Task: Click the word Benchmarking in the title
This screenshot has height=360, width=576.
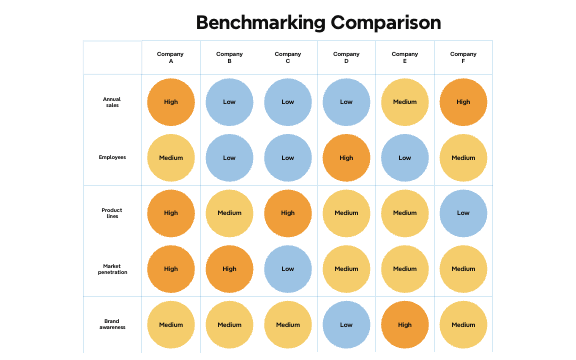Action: pyautogui.click(x=253, y=22)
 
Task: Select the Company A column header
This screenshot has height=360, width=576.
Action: pyautogui.click(x=171, y=57)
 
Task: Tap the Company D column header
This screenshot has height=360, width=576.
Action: pyautogui.click(x=346, y=57)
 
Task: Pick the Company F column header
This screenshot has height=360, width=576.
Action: pyautogui.click(x=463, y=57)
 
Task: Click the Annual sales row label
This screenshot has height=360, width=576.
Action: pyautogui.click(x=112, y=102)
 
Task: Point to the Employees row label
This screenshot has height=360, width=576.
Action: pyautogui.click(x=112, y=157)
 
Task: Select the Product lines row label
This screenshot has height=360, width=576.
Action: pyautogui.click(x=112, y=213)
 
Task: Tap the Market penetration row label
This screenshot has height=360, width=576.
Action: pyautogui.click(x=112, y=269)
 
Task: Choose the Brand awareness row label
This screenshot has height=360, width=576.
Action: pyautogui.click(x=112, y=324)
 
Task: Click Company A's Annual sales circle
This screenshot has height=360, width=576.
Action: pyautogui.click(x=171, y=102)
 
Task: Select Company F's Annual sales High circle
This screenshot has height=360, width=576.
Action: pyautogui.click(x=463, y=102)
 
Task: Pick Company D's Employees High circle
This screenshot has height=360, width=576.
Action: pyautogui.click(x=346, y=157)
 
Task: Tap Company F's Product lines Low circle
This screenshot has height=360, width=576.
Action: pyautogui.click(x=463, y=213)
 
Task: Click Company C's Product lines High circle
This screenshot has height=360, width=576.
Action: pyautogui.click(x=288, y=213)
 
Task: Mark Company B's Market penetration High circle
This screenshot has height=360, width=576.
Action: pyautogui.click(x=229, y=269)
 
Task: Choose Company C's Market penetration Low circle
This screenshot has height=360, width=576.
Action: pyautogui.click(x=288, y=269)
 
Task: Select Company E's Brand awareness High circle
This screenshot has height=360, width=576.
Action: pyautogui.click(x=405, y=324)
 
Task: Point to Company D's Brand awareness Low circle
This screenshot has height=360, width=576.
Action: pyautogui.click(x=346, y=324)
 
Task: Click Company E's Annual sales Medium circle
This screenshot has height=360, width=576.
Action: pyautogui.click(x=405, y=102)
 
